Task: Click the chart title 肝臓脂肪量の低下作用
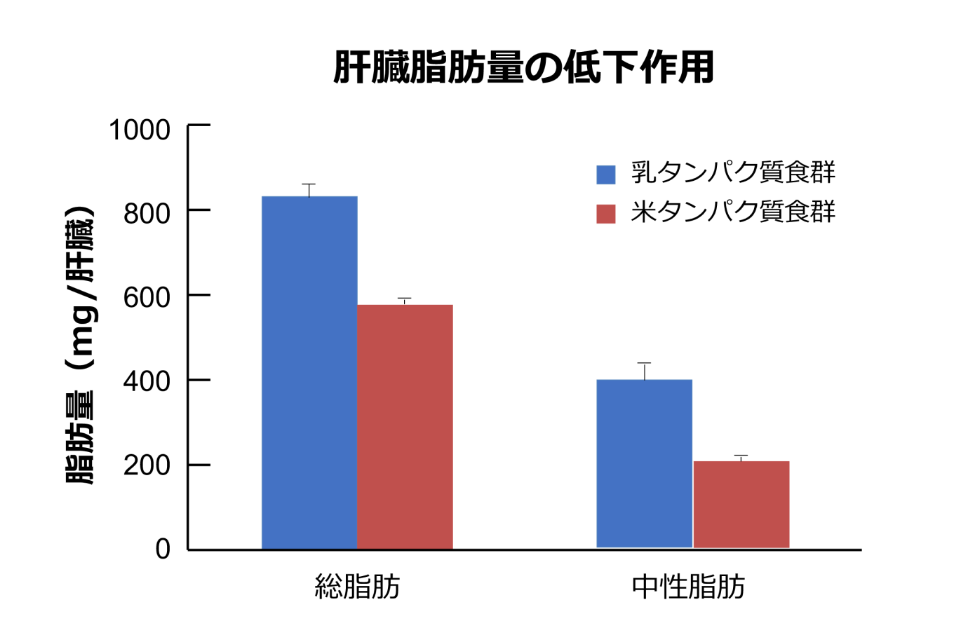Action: (523, 67)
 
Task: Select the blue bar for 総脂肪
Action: (309, 371)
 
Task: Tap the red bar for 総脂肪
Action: (405, 426)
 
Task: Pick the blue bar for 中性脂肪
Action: (644, 463)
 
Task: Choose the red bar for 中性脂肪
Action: (741, 504)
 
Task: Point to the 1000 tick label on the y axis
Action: (140, 130)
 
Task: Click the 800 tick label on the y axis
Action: (147, 213)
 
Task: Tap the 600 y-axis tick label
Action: (147, 297)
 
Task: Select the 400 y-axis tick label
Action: (147, 381)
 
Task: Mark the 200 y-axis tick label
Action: (147, 465)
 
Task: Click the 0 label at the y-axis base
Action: (163, 549)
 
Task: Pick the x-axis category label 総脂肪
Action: (357, 587)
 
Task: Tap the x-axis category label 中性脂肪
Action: (688, 587)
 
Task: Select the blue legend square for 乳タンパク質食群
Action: (605, 175)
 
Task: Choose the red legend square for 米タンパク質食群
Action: (605, 214)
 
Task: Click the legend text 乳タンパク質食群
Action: (733, 172)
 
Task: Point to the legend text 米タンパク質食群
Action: (733, 212)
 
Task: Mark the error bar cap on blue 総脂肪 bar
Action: (309, 184)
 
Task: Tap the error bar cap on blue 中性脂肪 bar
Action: (644, 363)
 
